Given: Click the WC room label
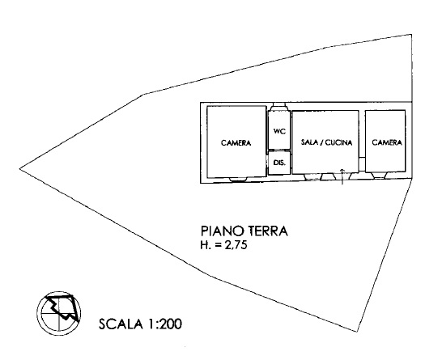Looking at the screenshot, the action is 279,131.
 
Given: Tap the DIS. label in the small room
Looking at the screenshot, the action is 279,163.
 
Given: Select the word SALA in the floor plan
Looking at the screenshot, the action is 309,142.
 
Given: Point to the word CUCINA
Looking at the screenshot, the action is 339,142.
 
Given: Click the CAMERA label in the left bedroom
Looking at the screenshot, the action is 236,142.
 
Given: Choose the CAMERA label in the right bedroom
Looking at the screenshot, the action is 387,142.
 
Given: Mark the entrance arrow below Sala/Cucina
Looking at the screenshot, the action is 342,176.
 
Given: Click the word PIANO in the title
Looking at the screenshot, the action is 222,231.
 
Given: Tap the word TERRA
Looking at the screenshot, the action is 268,231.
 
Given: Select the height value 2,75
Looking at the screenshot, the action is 236,245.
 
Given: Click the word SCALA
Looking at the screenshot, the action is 121,324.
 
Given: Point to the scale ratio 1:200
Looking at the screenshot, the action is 164,324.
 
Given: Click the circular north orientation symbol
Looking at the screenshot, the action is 59,313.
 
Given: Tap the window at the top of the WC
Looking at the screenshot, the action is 279,105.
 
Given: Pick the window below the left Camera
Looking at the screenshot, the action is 238,179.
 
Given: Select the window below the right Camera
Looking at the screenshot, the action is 380,176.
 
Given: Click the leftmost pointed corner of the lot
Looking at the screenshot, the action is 19,169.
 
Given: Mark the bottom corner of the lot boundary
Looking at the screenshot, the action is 356,332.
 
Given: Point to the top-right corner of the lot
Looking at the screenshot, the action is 411,35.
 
